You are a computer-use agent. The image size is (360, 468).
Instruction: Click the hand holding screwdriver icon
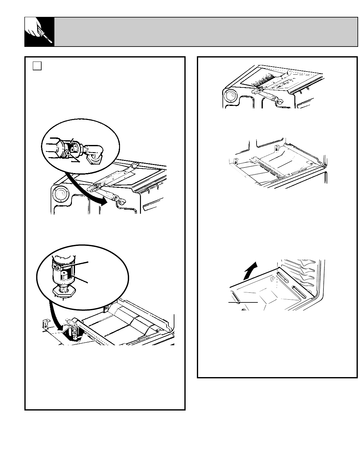39,32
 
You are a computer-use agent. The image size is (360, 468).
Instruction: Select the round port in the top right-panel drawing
231,96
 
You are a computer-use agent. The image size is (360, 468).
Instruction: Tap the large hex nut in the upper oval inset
53,148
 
